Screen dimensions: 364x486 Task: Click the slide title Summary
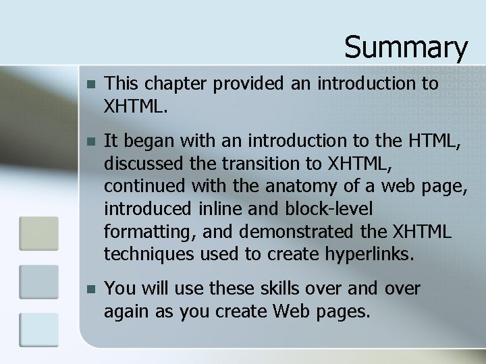coord(406,47)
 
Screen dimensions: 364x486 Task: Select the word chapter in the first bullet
coord(172,84)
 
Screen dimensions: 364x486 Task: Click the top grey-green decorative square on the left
coord(38,233)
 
